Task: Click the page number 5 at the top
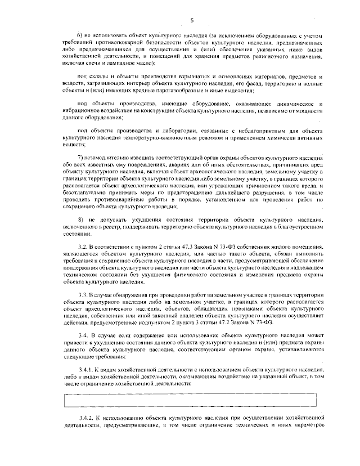[x=192, y=21]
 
